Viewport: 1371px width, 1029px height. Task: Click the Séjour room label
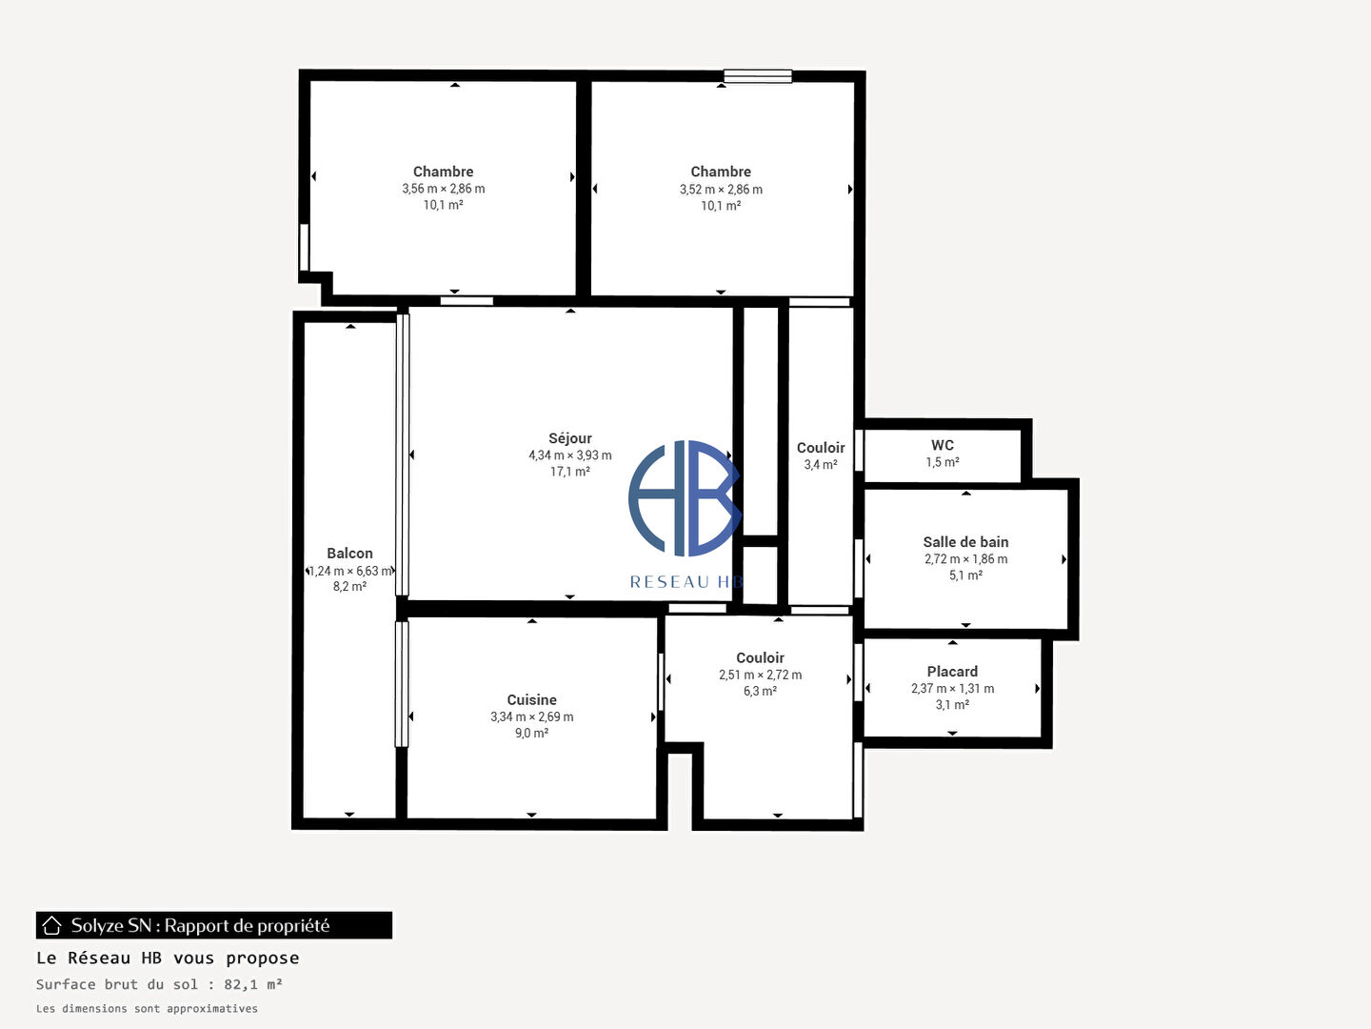point(569,438)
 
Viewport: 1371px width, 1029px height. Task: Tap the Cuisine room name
point(531,699)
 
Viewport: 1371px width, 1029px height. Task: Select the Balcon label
point(349,554)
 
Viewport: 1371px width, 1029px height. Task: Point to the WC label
point(943,446)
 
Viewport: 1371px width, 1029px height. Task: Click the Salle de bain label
point(965,542)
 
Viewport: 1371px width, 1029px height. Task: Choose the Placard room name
point(952,672)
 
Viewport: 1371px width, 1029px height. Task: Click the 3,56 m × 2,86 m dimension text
point(444,189)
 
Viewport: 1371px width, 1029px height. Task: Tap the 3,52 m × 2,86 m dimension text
point(721,190)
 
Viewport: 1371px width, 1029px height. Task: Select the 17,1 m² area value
point(569,472)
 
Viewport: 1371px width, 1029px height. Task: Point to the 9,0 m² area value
point(531,733)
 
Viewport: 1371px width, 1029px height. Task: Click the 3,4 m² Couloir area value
point(821,465)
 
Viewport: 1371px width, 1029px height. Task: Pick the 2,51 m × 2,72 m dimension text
point(760,675)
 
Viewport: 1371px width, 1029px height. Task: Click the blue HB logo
point(685,498)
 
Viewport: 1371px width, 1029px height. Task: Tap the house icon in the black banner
point(51,925)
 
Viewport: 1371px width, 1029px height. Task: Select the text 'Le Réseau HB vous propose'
point(168,958)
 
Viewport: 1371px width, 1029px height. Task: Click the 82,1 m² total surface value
point(253,984)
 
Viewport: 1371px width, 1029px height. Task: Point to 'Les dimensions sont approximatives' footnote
point(147,1008)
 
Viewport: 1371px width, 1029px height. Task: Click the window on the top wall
point(758,76)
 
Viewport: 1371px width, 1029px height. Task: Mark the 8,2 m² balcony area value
point(349,587)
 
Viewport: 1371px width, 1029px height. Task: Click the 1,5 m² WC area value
point(943,462)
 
